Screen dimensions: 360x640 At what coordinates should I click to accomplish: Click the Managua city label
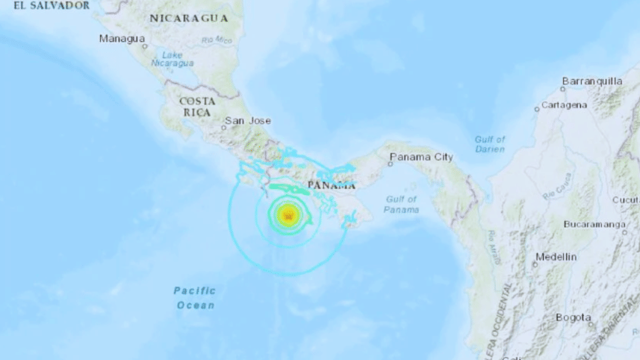click(122, 38)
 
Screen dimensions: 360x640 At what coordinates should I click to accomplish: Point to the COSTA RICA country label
click(198, 106)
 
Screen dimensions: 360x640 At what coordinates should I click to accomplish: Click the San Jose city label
click(248, 121)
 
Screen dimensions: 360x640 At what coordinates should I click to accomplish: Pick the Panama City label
click(420, 158)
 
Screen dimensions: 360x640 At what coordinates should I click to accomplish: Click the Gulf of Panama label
click(403, 204)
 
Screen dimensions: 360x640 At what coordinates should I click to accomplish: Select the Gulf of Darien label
click(490, 144)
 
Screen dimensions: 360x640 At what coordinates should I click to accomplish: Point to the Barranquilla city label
click(592, 81)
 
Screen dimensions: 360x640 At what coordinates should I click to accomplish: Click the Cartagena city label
click(564, 105)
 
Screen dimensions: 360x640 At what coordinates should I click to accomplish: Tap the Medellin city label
click(556, 257)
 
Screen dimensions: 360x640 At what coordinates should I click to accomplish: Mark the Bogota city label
click(574, 318)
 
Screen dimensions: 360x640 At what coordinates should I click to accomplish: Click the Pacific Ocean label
click(195, 297)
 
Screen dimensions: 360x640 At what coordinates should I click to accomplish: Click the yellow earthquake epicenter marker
click(288, 216)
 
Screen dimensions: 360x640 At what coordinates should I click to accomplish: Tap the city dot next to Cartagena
click(536, 109)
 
